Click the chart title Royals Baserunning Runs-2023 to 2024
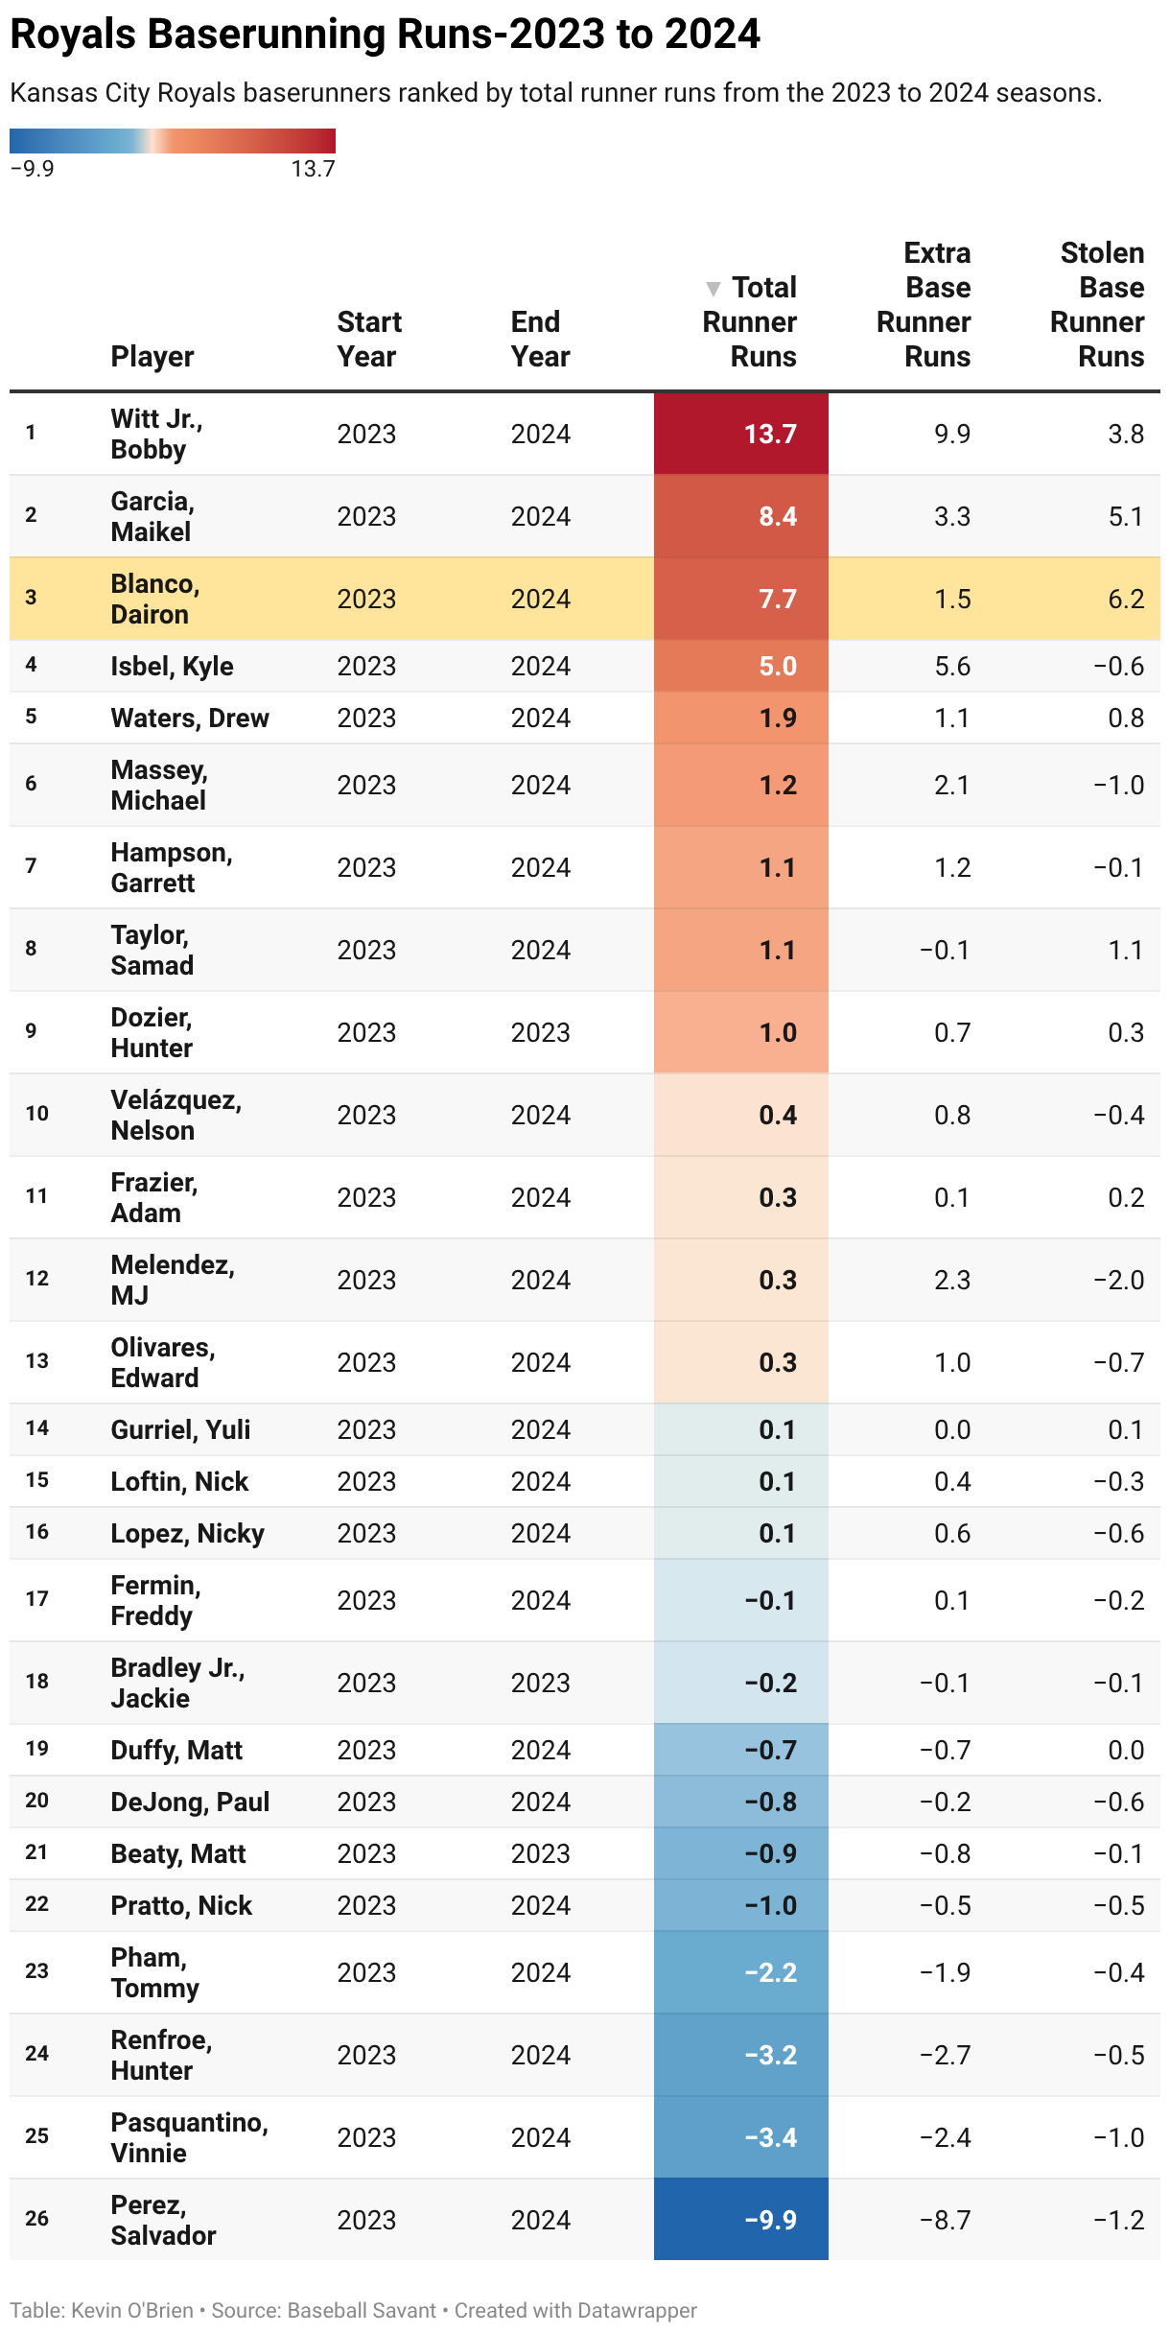tap(385, 35)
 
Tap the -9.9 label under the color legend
tap(32, 169)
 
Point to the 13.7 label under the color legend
tap(313, 169)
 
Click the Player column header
tap(152, 356)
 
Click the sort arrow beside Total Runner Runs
tap(713, 288)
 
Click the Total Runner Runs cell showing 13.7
tap(770, 434)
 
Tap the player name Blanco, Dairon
tap(154, 599)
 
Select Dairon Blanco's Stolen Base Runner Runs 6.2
tap(1125, 599)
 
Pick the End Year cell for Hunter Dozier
tap(540, 1032)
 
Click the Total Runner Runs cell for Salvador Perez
tap(770, 2220)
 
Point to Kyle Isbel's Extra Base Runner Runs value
tap(951, 666)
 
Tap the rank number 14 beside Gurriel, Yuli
tap(37, 1428)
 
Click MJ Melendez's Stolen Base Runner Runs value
tap(1118, 1280)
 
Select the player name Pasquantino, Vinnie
tap(189, 2137)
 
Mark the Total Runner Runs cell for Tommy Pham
tap(770, 1972)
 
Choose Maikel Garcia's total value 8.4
tap(778, 516)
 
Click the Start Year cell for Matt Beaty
tap(366, 1853)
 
